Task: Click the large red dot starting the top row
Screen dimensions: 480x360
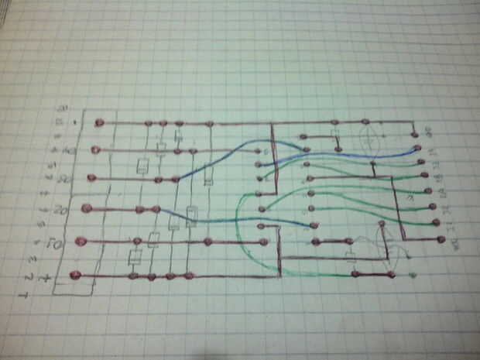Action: point(99,122)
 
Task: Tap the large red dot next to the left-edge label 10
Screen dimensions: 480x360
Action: point(95,149)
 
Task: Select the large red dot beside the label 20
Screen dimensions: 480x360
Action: point(86,207)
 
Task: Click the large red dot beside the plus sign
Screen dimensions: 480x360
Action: point(75,275)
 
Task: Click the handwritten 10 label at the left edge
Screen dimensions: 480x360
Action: point(68,150)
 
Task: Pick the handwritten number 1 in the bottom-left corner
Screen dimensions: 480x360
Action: point(27,295)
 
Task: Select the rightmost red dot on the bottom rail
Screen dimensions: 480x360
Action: point(391,274)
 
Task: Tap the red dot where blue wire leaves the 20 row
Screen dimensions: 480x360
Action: point(157,209)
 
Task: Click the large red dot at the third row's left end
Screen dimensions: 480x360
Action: point(92,178)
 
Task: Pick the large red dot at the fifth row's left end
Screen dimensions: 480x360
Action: point(80,242)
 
